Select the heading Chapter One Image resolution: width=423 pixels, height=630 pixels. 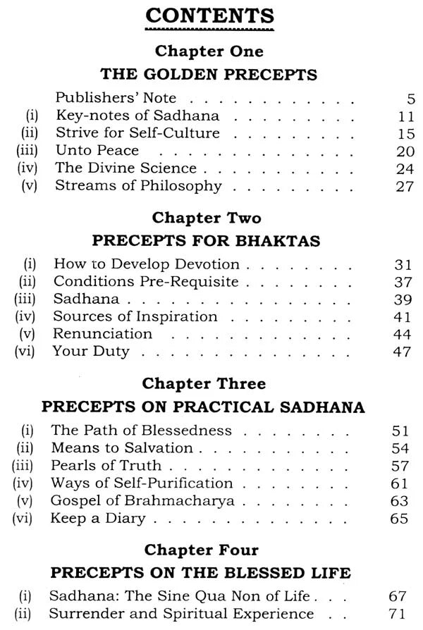(209, 51)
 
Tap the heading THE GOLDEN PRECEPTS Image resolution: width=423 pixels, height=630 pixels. (209, 74)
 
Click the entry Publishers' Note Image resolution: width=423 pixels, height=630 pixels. (116, 98)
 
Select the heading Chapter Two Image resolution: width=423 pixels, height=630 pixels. (209, 218)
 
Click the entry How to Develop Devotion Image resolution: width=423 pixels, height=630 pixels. (147, 264)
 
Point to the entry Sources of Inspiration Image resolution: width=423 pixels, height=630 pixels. (135, 316)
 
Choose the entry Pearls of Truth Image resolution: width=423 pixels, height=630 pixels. (106, 465)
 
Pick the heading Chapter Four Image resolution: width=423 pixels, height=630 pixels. (209, 550)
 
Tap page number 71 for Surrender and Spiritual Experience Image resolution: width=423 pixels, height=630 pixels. (399, 614)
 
